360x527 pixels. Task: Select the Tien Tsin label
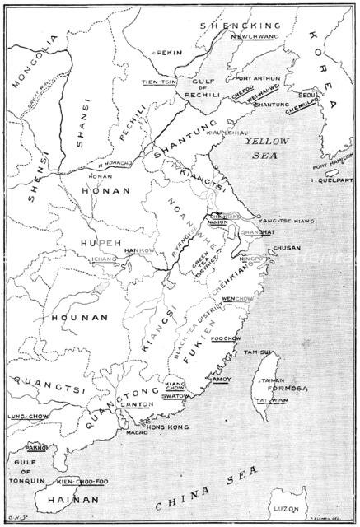click(x=159, y=81)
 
